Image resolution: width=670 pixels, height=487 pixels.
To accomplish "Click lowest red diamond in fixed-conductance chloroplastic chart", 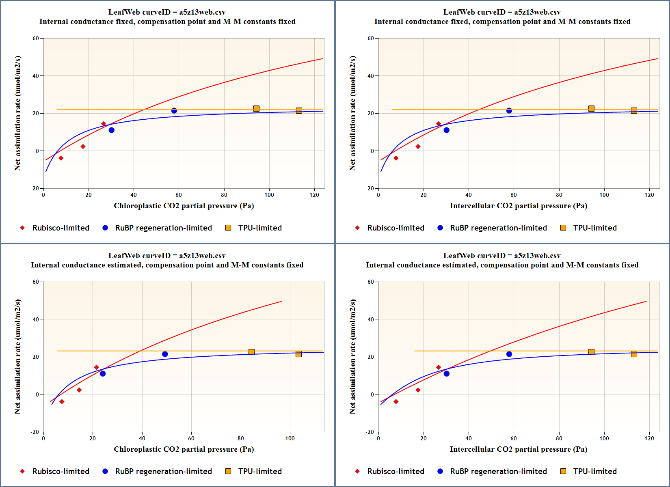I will (61, 158).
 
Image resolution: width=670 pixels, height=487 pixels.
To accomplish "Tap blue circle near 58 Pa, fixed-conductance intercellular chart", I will (509, 111).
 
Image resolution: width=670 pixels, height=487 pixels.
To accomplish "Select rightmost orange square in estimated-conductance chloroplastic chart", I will (298, 354).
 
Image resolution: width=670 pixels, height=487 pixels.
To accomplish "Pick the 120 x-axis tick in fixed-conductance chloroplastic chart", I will (314, 195).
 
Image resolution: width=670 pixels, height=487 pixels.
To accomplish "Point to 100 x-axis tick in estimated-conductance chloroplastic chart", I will (290, 438).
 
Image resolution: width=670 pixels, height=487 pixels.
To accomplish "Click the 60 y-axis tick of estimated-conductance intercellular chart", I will (371, 282).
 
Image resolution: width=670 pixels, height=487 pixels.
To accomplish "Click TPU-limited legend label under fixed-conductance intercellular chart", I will (595, 228).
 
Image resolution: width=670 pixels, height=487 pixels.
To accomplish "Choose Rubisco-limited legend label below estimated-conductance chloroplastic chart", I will (61, 471).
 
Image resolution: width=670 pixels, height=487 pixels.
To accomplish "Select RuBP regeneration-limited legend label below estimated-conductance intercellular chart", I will (498, 471).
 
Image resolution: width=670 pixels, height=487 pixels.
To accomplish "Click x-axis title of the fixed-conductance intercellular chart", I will (518, 206).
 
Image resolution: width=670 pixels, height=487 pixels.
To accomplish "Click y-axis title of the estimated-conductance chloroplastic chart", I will (17, 357).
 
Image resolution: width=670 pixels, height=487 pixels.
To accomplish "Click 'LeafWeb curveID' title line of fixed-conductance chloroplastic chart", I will (167, 12).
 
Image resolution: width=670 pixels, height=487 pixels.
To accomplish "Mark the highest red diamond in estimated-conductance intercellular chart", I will (438, 367).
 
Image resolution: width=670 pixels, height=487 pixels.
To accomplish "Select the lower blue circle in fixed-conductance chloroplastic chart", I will (112, 130).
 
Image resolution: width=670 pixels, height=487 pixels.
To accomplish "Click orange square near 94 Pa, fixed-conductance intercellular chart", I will (591, 109).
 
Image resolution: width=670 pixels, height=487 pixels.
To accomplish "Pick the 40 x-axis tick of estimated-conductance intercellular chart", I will (469, 438).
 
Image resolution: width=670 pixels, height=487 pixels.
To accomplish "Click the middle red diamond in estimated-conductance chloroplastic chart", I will (79, 390).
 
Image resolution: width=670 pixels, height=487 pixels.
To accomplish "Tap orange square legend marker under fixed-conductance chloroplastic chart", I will (228, 228).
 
